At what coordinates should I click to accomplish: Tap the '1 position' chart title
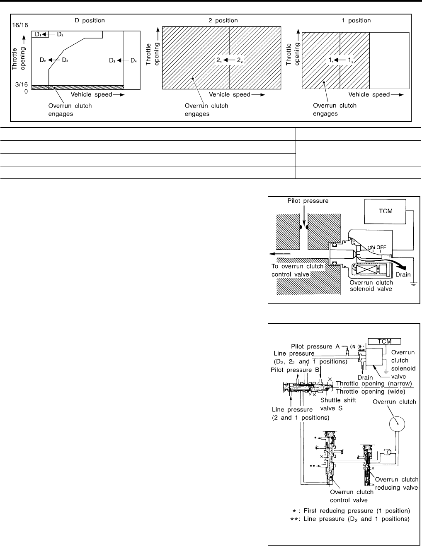click(x=356, y=20)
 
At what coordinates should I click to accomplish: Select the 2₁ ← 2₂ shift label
click(x=229, y=60)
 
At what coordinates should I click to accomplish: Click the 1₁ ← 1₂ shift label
click(x=340, y=60)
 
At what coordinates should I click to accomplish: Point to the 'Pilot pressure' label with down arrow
click(x=308, y=201)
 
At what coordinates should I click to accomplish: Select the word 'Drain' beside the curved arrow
click(x=403, y=274)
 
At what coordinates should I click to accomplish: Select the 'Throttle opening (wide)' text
click(x=373, y=391)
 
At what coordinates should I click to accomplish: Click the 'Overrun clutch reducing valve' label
click(x=396, y=483)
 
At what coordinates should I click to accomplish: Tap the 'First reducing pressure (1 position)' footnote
click(x=342, y=510)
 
